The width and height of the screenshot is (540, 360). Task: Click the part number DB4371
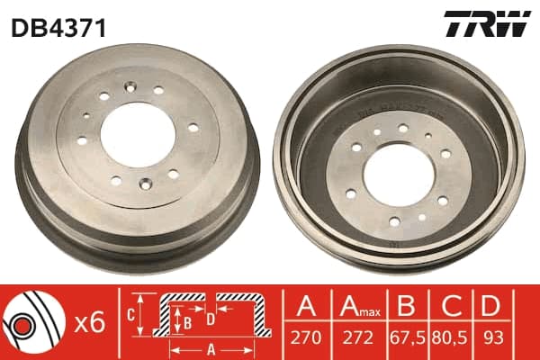(58, 28)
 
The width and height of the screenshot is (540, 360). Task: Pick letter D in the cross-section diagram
(211, 317)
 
